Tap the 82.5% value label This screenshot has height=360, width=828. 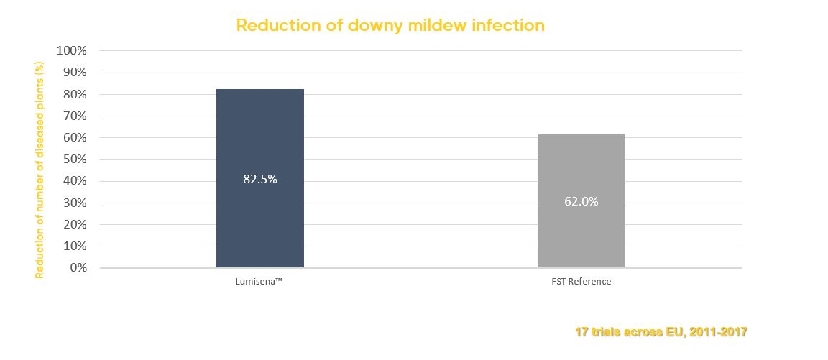[x=259, y=180]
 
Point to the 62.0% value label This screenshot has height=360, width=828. [x=581, y=202]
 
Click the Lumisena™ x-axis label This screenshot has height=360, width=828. [x=259, y=282]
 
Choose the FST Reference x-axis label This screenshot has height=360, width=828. [x=581, y=282]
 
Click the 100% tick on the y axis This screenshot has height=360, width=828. [x=71, y=51]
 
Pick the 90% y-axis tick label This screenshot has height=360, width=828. [x=74, y=73]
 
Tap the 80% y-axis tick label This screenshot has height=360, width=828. [x=74, y=94]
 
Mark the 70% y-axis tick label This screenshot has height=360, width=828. [x=74, y=116]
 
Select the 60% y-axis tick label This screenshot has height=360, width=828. [x=74, y=137]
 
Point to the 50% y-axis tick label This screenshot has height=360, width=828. [x=74, y=160]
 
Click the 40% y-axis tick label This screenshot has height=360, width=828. [x=74, y=181]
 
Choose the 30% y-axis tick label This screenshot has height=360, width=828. [x=74, y=203]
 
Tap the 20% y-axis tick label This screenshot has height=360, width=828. [x=74, y=224]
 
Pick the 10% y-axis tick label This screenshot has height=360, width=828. [x=74, y=246]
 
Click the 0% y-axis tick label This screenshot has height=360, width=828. [x=77, y=267]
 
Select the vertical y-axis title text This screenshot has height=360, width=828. [x=40, y=170]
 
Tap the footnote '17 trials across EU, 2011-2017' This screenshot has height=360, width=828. [x=661, y=332]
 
